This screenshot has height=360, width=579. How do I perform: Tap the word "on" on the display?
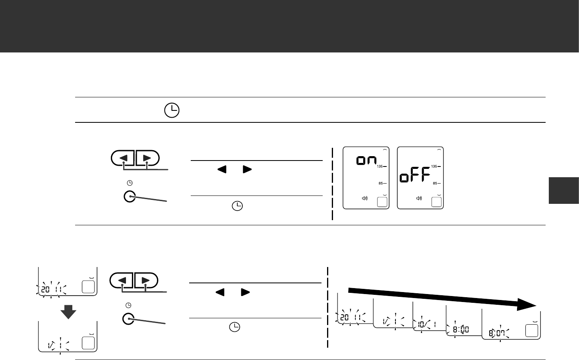(366, 160)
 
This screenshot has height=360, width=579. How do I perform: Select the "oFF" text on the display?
(415, 175)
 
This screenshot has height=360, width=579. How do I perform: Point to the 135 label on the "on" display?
(380, 166)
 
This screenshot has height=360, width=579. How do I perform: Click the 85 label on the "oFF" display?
(435, 183)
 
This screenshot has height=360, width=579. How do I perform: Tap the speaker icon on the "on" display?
(365, 198)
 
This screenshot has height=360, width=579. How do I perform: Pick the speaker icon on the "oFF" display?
(419, 198)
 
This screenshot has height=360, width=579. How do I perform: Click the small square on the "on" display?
(382, 202)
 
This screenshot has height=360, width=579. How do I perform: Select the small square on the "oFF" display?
(436, 202)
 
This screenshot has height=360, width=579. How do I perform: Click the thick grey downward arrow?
(68, 312)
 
